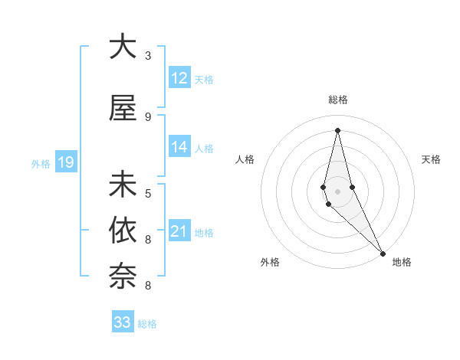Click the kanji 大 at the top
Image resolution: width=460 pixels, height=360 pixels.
point(123,47)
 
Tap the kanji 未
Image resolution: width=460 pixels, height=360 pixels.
point(123,184)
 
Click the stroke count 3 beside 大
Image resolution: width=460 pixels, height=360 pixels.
point(148,57)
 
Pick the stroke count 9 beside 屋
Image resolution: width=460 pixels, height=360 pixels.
point(148,117)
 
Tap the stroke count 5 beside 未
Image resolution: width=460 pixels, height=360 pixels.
point(148,193)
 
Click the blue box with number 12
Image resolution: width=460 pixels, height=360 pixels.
point(179,78)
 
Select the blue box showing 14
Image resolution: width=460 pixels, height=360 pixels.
point(179,147)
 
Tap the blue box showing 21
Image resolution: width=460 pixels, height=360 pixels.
point(179,231)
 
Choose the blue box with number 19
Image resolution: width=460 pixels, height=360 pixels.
point(65,162)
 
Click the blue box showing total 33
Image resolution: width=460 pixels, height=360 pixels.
point(123,322)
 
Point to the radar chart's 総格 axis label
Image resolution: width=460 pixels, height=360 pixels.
point(337,100)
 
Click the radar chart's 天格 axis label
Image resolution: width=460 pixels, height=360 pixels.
point(432,159)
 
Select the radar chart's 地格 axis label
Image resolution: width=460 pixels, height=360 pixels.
point(402,263)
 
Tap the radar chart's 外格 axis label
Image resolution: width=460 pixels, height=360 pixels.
point(270,263)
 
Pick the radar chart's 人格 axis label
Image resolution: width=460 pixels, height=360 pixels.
point(245,159)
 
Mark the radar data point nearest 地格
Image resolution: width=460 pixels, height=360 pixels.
point(383,253)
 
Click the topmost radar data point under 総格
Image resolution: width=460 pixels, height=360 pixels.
point(337,130)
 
